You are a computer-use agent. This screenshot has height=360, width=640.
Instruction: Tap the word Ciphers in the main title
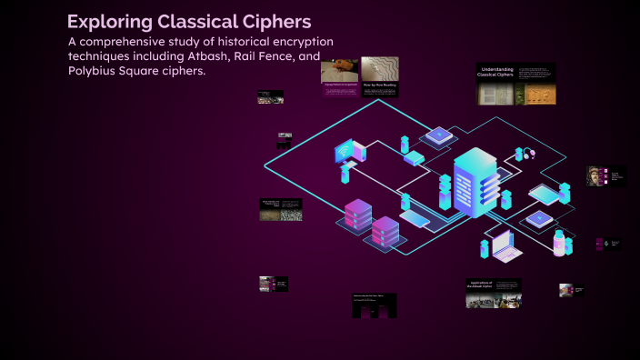click(x=277, y=21)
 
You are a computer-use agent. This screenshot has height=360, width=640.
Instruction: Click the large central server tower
click(x=475, y=182)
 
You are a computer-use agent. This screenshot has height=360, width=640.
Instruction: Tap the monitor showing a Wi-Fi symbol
click(x=347, y=151)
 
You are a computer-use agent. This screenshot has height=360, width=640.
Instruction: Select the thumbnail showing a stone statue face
click(x=596, y=176)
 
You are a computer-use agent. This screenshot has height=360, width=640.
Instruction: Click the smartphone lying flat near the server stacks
click(x=415, y=218)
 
